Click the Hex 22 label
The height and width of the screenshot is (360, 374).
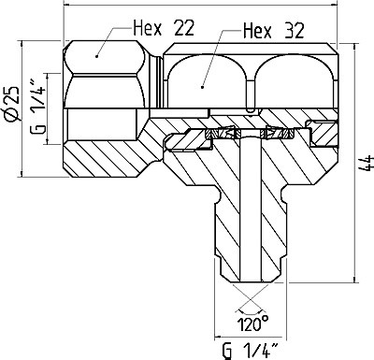(x=164, y=28)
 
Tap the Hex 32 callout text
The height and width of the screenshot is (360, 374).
(x=273, y=31)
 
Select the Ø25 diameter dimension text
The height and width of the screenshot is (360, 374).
(x=12, y=103)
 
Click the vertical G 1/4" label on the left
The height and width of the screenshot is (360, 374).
(x=38, y=108)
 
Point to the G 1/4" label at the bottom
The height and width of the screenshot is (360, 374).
(x=251, y=350)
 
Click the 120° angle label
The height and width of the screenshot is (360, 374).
(x=253, y=324)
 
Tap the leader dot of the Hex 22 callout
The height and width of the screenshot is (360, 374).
(x=97, y=56)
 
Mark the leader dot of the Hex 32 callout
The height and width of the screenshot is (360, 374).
(x=203, y=87)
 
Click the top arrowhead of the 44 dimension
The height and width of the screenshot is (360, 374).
(x=354, y=48)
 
